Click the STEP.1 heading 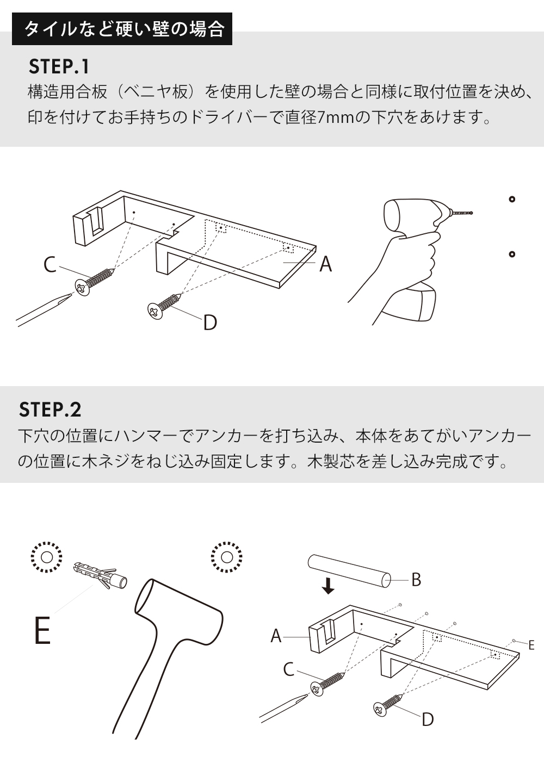59,66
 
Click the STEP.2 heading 50,409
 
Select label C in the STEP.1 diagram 50,265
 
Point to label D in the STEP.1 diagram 210,322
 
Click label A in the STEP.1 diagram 325,264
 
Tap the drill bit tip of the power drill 471,213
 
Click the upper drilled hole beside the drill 511,199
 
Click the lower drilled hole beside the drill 511,254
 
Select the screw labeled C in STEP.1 95,280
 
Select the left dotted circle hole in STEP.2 46,557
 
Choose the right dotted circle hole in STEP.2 227,557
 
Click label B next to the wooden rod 416,580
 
